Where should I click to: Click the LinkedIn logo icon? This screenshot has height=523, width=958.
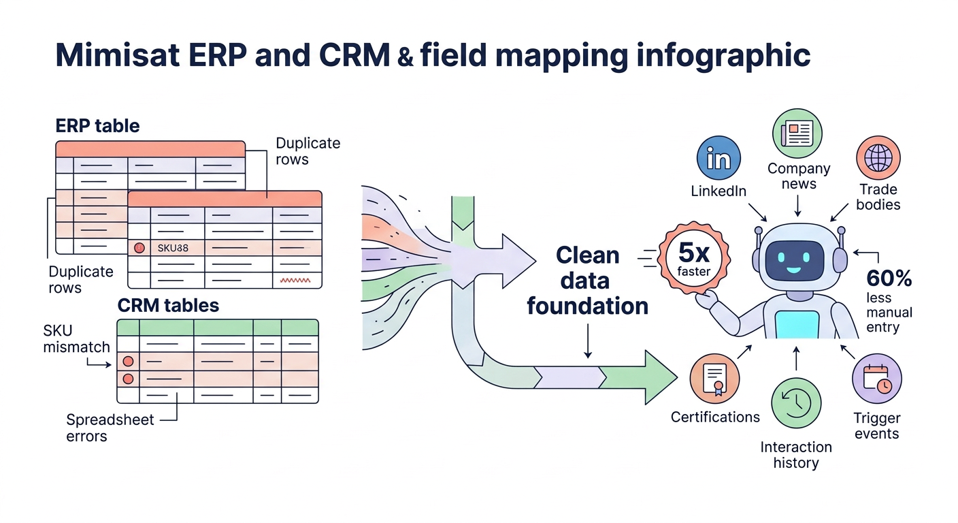tap(718, 158)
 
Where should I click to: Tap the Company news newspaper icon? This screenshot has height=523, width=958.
tap(797, 133)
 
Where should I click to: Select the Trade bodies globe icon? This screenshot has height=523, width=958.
tap(878, 158)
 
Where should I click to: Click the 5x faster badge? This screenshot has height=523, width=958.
tap(693, 259)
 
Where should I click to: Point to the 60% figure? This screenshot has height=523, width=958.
tap(889, 279)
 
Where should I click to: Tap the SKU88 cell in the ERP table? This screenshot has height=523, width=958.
tap(172, 248)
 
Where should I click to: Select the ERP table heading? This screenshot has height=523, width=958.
tap(97, 126)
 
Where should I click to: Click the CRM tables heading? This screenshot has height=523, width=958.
tap(168, 305)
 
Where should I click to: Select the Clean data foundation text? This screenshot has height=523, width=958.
tap(587, 281)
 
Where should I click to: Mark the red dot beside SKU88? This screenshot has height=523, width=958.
tap(139, 248)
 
